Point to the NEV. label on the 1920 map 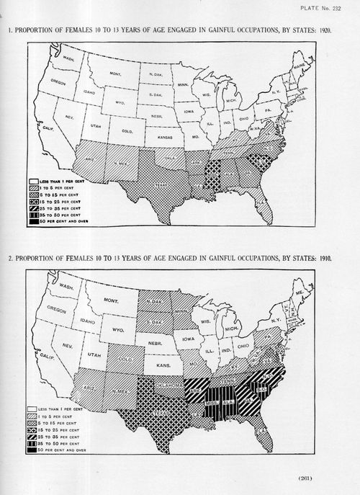[x=63, y=115]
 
